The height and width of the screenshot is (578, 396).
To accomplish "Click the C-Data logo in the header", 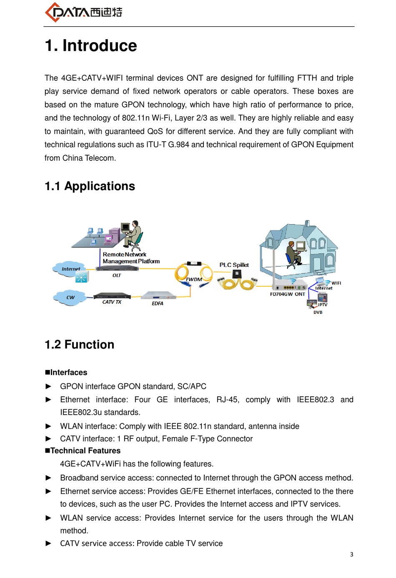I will (x=83, y=12).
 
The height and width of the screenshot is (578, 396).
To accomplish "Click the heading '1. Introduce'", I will (x=91, y=45).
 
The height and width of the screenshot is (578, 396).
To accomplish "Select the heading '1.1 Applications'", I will (x=90, y=186).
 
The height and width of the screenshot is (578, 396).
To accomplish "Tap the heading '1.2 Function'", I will (x=79, y=344).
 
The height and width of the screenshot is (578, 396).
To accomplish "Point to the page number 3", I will (x=351, y=554).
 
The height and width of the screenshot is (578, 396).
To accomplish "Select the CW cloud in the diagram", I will (x=70, y=298).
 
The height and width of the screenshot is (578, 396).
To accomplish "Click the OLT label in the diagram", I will (x=117, y=275).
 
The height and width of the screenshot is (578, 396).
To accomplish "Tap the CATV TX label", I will (x=112, y=302).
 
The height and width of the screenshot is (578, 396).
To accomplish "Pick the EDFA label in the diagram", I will (x=158, y=303).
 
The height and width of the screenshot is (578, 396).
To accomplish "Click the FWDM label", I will (x=194, y=280).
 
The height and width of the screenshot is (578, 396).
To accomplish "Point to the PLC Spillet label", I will (x=234, y=265).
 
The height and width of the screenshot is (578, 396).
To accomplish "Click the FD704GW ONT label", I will (x=287, y=294).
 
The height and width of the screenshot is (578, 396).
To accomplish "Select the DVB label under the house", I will (x=318, y=312).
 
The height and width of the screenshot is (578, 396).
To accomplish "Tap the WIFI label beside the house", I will (x=336, y=283).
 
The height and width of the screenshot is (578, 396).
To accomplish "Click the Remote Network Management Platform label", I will (x=131, y=258).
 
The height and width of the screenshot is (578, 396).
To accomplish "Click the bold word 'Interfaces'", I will (x=68, y=372).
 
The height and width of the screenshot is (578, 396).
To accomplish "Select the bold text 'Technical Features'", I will (x=85, y=450).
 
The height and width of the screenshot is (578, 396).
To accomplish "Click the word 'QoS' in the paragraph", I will (x=155, y=131).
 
